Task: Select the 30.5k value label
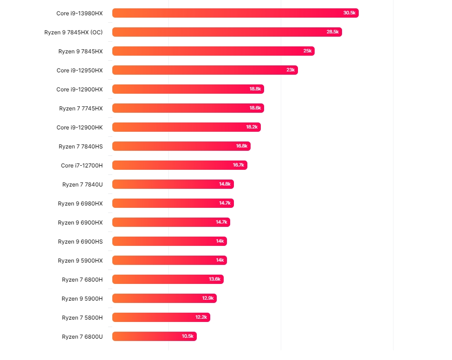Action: tap(349, 13)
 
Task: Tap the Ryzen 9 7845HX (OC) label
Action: tap(74, 32)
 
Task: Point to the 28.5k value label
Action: tap(333, 32)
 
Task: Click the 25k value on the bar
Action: tap(308, 51)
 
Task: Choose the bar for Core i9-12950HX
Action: tap(204, 70)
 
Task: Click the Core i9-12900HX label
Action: tap(79, 89)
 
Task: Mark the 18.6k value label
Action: tap(255, 108)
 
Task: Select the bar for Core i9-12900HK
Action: tap(186, 127)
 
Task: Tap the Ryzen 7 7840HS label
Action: tap(80, 146)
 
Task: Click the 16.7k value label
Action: tap(239, 165)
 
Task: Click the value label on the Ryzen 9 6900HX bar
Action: tap(221, 222)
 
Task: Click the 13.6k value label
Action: tap(215, 279)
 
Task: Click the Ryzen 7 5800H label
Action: tap(82, 317)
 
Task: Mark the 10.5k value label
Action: tap(187, 336)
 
